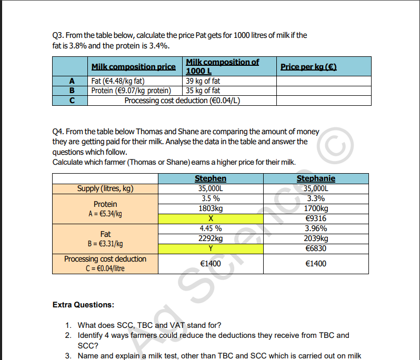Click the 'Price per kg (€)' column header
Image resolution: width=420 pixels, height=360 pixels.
pos(308,67)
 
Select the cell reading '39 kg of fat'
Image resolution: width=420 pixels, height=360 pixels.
pos(203,81)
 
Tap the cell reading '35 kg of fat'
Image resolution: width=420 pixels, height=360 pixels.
pos(203,91)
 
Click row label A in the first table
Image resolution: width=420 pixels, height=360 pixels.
pos(71,81)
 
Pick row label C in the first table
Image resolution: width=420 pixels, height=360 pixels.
pos(71,100)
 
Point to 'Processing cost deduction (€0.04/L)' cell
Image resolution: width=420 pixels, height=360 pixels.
pos(182,100)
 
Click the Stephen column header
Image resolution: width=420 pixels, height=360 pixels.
pos(211,178)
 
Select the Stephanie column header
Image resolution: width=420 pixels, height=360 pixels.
pos(316,178)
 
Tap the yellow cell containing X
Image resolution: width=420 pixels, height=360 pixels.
pos(211,218)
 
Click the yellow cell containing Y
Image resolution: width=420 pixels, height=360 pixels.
pos(211,248)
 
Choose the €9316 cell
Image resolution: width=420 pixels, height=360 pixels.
pos(316,218)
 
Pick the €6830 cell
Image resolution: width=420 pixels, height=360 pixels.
pos(316,248)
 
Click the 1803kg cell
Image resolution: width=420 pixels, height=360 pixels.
pos(211,208)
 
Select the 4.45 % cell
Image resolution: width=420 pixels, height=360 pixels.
pos(211,228)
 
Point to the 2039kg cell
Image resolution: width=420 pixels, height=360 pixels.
pos(316,238)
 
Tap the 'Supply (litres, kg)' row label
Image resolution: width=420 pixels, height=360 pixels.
pos(105,188)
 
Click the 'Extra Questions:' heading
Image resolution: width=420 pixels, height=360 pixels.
pos(83,305)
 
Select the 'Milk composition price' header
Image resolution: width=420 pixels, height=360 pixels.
pos(133,67)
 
